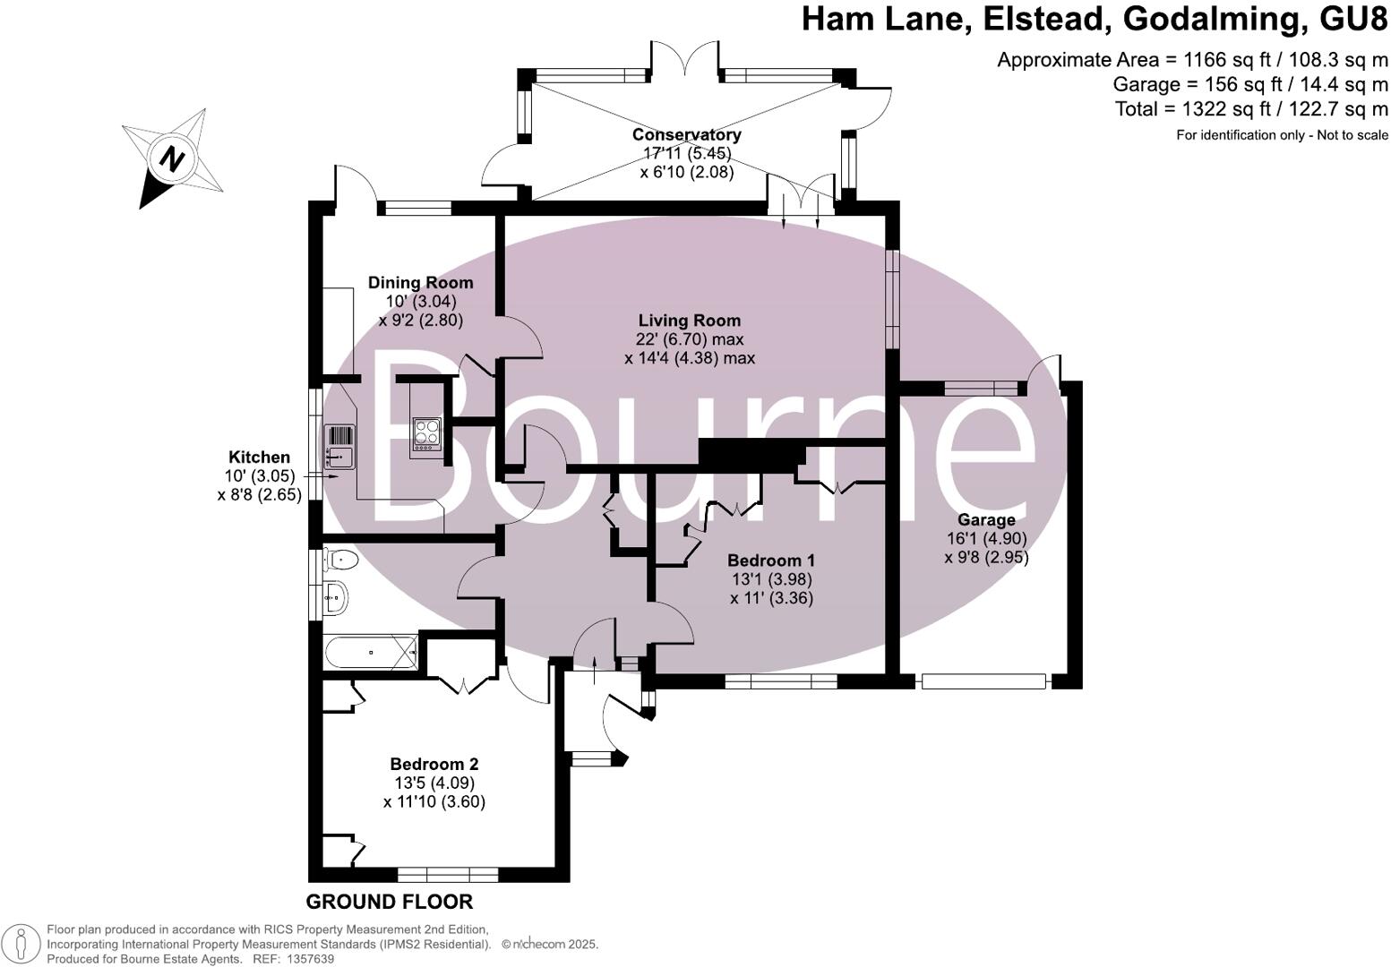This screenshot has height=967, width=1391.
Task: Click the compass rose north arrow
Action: coord(172,159)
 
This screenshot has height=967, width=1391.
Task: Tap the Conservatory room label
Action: coord(686,134)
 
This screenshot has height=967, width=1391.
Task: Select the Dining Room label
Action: coord(420,283)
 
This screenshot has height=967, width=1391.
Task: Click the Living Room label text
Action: coord(689,321)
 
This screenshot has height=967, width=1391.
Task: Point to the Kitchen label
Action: coord(259,457)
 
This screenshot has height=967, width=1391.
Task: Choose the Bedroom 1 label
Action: coord(770,561)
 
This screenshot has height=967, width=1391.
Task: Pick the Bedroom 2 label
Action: coord(434,764)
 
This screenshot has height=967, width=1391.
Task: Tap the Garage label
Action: coord(986,519)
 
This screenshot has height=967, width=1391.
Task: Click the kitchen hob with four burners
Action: coord(427,433)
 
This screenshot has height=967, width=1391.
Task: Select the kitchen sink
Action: coord(340,445)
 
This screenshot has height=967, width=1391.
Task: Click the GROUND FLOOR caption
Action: coord(389,901)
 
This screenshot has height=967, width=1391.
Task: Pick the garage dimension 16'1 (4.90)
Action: coord(986,538)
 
